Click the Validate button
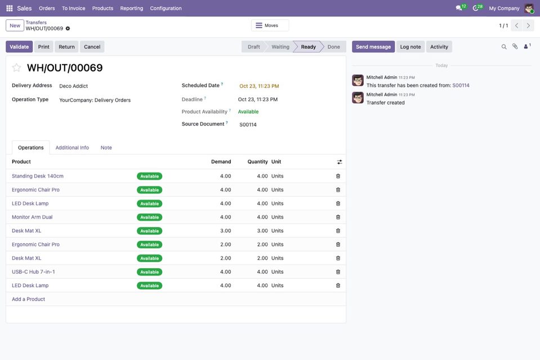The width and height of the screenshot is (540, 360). coord(19,47)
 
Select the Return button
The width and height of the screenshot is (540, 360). coord(66,47)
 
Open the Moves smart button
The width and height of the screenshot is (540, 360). coord(270,25)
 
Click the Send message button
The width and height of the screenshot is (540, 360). coord(373,47)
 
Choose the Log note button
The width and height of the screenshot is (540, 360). coord(410,47)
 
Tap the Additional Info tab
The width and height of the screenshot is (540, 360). coord(72,148)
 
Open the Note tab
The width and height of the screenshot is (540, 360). coord(106,148)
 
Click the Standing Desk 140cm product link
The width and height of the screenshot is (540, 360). coord(38,176)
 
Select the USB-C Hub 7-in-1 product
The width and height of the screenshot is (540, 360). coord(33,272)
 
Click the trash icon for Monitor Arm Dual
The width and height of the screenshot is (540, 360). coord(338,217)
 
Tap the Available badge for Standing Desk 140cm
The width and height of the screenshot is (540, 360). coord(149,176)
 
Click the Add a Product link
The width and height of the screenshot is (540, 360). coord(28,299)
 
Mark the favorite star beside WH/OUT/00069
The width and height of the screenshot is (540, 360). coord(16,68)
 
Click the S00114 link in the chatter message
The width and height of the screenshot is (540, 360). coord(461,86)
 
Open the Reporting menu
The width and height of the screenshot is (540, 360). coord(132,8)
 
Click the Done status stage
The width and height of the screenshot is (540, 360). coord(333,47)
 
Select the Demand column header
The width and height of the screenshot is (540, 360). coord(221,162)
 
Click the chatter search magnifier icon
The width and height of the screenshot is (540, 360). coord(504,47)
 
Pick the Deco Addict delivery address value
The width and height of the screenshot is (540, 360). coord(73,86)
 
